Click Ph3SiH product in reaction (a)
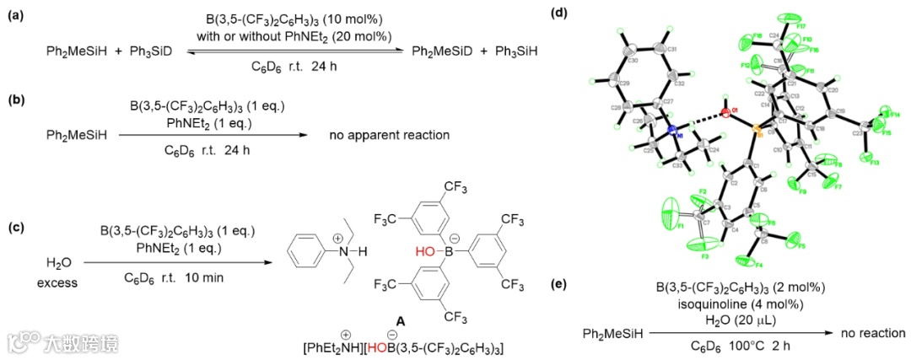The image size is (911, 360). click(x=515, y=51)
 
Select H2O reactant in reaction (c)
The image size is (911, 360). click(x=56, y=264)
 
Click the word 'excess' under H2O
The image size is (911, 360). click(x=56, y=282)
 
